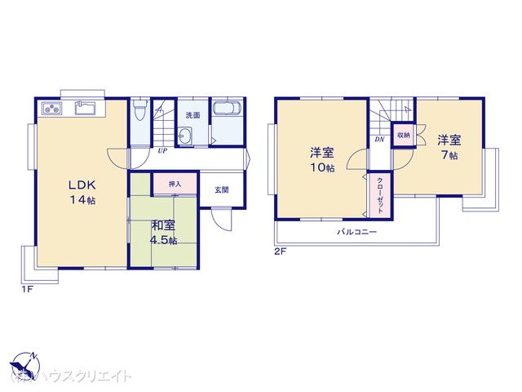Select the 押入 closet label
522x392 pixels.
[175, 185]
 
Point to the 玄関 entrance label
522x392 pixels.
[222, 190]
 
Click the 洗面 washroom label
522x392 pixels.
[192, 114]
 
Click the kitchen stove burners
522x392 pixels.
[51, 108]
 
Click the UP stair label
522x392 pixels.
[162, 150]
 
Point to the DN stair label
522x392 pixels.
[379, 140]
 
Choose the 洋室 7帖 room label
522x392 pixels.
[447, 147]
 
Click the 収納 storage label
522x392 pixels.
[404, 133]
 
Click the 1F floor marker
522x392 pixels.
[27, 289]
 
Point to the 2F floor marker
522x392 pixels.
[280, 252]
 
